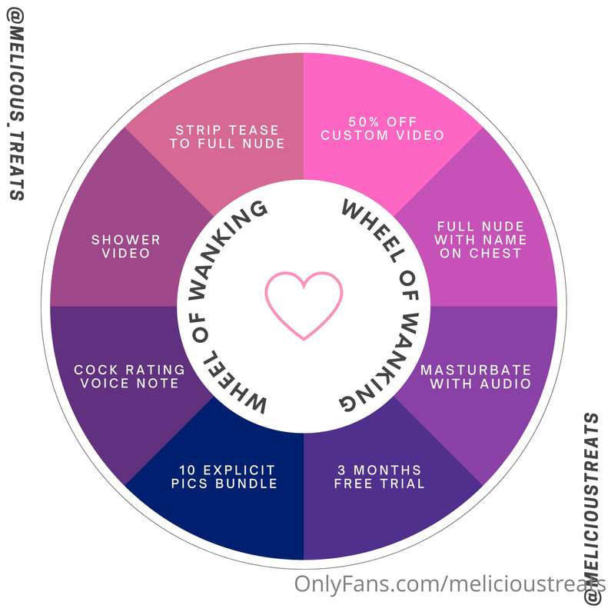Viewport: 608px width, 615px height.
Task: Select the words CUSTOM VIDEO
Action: [x=382, y=136]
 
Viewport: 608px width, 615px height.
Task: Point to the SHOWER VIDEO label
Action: [x=126, y=246]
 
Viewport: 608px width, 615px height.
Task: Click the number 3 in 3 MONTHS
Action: [x=341, y=470]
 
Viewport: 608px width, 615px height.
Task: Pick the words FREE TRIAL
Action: [x=379, y=484]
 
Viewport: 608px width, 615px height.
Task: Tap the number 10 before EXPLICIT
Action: [x=188, y=470]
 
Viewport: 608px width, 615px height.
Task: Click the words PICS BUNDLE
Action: [x=224, y=484]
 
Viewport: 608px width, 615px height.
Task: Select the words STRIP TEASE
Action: [x=227, y=130]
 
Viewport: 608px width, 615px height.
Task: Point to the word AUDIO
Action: [x=506, y=384]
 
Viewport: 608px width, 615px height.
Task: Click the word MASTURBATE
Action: [x=476, y=370]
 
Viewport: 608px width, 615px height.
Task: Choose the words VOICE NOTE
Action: [x=129, y=383]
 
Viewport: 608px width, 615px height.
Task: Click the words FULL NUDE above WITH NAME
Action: [x=480, y=226]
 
